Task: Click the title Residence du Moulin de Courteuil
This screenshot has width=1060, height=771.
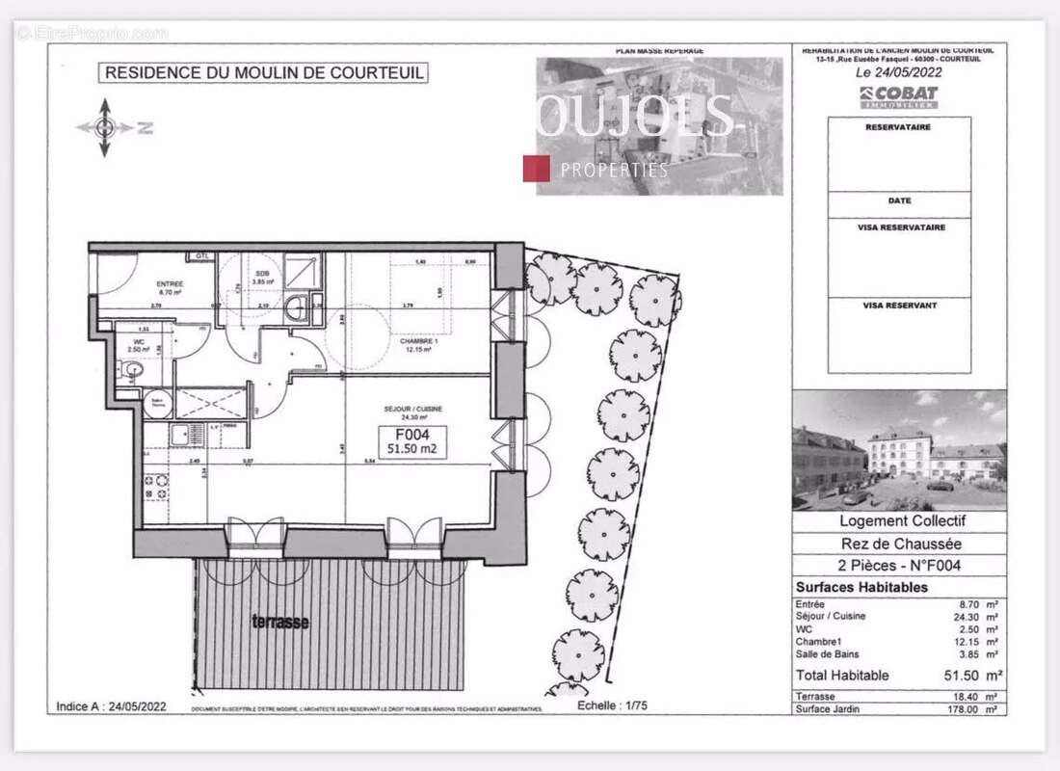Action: [x=264, y=72]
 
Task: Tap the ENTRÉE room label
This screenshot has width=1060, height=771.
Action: [x=171, y=284]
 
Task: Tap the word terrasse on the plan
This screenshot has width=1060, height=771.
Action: [x=280, y=622]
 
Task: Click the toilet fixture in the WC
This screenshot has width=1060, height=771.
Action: [x=132, y=369]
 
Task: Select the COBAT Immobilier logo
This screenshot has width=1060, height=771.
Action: [x=898, y=95]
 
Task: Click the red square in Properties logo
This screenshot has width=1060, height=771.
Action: [x=536, y=169]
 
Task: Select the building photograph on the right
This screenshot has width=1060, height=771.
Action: [x=898, y=450]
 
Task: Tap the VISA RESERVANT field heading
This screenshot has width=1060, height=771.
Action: [x=898, y=306]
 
